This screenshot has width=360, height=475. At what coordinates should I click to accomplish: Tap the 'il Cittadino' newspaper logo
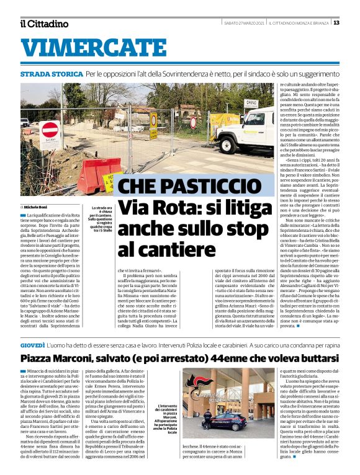pos(43,24)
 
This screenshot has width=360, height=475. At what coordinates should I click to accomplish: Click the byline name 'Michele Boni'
pos(36,206)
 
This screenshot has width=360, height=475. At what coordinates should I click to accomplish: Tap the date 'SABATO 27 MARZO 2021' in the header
pos(244,23)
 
